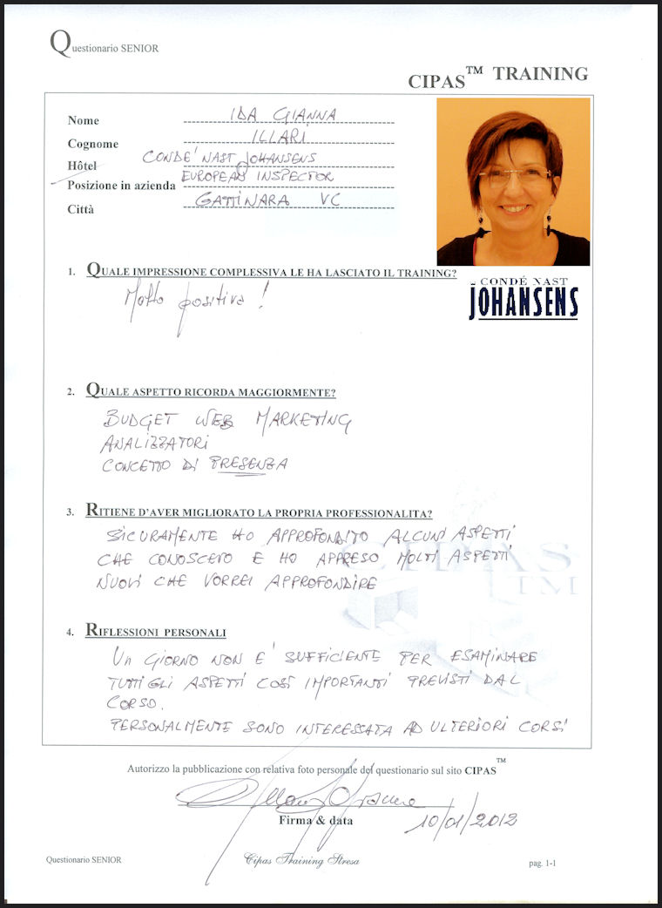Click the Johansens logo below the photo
point(524,299)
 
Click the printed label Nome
point(84,120)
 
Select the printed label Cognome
point(92,144)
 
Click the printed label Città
point(80,209)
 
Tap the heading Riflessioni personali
point(156,631)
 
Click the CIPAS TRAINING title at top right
point(497,76)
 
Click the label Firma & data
point(308,820)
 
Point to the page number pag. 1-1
point(547,863)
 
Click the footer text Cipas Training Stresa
point(301,860)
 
